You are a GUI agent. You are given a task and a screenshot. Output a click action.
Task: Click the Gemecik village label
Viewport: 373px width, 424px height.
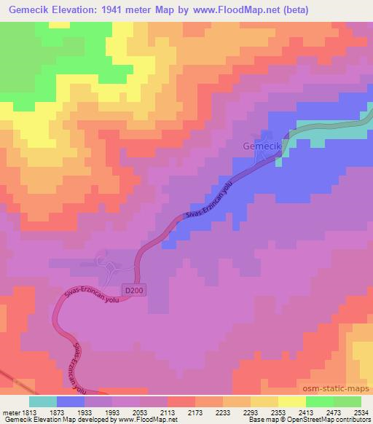click(x=261, y=147)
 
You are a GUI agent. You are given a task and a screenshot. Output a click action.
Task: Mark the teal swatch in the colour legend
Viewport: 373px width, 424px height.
click(x=43, y=401)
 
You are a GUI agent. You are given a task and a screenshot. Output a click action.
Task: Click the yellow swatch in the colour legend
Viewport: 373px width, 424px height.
click(x=291, y=401)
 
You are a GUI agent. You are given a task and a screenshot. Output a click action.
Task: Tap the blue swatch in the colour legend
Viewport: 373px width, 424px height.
click(x=71, y=401)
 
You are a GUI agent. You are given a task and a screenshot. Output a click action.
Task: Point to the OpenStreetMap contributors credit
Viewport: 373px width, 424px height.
click(x=332, y=420)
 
